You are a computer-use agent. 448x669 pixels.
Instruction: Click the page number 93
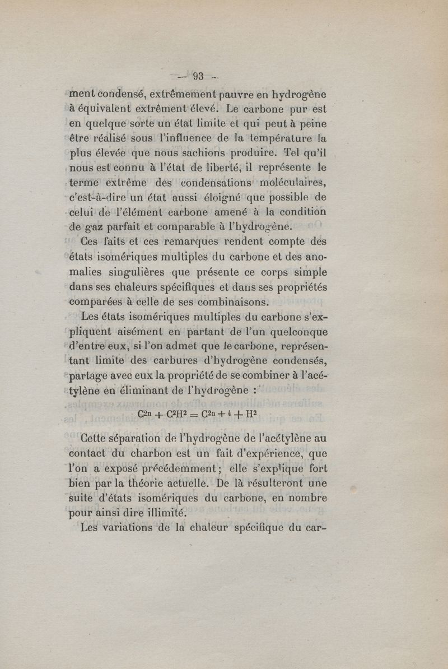tap(199, 77)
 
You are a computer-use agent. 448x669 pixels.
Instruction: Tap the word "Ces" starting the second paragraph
tap(92, 242)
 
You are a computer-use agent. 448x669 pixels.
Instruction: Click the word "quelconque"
tap(295, 333)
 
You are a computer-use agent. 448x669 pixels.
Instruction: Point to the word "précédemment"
tap(183, 467)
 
